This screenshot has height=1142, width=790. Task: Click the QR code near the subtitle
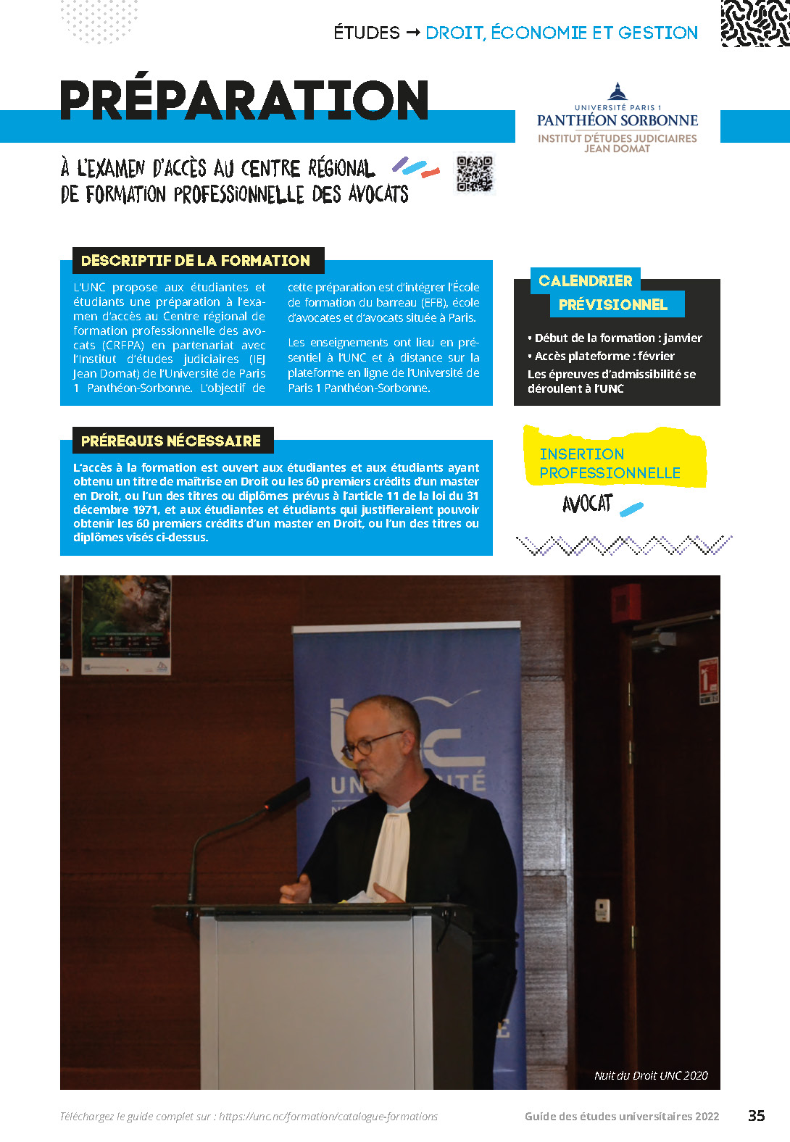475,174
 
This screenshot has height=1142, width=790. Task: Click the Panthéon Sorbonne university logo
618,117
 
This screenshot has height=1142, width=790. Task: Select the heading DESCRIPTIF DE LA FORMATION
196,261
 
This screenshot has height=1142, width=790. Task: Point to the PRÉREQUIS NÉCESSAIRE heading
171,441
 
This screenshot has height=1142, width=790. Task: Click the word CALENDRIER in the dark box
586,281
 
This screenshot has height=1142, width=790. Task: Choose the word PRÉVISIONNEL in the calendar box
613,305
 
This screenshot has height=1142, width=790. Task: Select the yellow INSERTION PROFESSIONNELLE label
610,463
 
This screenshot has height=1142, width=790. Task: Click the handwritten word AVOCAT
587,504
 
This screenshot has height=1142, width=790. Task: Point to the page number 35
756,1115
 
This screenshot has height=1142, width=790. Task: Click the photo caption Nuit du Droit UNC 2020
651,1075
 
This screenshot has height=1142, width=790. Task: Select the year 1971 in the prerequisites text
145,509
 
